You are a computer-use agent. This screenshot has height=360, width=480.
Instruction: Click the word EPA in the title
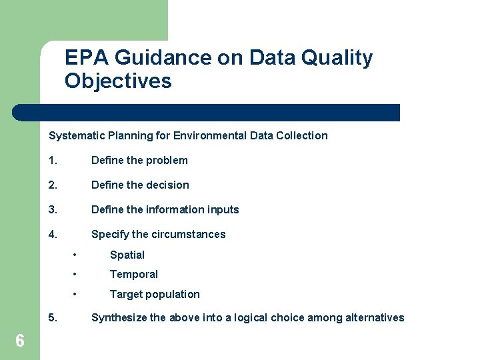[x=87, y=59]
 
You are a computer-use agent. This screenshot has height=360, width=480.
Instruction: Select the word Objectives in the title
[x=118, y=81]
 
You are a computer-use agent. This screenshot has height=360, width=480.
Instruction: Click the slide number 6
[x=20, y=341]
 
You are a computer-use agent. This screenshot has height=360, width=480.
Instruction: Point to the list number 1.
[x=52, y=160]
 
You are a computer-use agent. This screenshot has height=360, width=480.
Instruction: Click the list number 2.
[x=52, y=185]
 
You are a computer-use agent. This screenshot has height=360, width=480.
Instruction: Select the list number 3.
[x=52, y=209]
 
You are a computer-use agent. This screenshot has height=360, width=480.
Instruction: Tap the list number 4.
[x=52, y=234]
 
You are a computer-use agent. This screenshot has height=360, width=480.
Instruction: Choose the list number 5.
[x=52, y=317]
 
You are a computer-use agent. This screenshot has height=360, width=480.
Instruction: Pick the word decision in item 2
[x=167, y=185]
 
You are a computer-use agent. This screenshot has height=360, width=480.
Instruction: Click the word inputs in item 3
[x=222, y=209]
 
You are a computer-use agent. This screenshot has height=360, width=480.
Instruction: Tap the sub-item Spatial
[x=127, y=255]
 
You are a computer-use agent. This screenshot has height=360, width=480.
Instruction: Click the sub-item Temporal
[x=133, y=274]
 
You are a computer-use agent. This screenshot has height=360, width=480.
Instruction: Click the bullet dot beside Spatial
[x=77, y=255]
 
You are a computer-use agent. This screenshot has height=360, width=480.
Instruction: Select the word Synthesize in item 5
[x=119, y=317]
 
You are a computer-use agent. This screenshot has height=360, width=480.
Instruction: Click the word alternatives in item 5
[x=375, y=317]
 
